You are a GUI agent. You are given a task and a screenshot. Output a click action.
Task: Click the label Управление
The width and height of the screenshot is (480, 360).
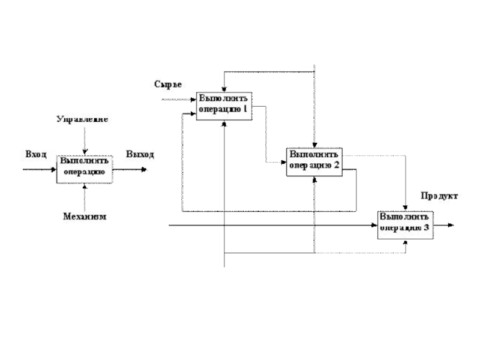tap(82, 119)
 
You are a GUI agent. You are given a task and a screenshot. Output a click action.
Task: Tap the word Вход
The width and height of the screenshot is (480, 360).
tap(35, 154)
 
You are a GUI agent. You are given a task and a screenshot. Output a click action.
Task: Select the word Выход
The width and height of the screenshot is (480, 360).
tap(140, 154)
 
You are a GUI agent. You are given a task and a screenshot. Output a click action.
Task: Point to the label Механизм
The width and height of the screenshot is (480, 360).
tap(85, 217)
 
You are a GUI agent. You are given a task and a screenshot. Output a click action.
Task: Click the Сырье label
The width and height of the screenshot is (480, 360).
tap(167, 85)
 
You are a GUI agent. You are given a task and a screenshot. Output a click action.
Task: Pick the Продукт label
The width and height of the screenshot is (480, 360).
tap(439, 196)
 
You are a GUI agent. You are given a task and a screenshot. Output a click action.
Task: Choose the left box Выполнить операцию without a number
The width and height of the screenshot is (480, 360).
tap(85, 169)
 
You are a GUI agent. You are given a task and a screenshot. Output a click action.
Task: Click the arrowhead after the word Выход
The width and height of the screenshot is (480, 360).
tap(144, 169)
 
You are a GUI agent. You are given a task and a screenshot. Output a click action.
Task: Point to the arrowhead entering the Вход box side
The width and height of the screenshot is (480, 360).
tap(55, 169)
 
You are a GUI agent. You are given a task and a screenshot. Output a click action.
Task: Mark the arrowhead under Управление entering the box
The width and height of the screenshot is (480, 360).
tap(85, 152)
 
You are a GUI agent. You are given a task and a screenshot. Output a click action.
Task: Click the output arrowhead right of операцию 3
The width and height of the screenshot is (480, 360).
tap(451, 226)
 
